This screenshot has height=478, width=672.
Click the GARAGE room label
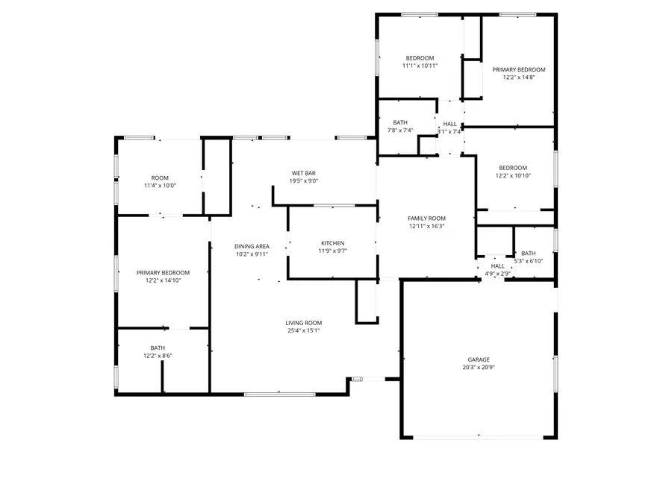pos(479,359)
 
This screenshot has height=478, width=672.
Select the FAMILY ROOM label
pos(426,218)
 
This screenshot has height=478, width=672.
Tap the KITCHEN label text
pos(333,243)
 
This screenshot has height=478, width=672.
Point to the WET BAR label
pos(303,173)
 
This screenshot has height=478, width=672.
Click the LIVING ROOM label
pos(304,323)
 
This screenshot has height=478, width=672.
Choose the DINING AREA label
pos(251,246)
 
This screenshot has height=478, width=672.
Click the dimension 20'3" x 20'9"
pos(479,368)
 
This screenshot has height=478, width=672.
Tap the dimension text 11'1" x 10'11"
pos(420,66)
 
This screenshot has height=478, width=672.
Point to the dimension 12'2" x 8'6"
pos(158,356)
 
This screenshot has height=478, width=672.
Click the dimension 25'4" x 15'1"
pos(304,331)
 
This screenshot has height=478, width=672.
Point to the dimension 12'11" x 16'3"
pos(426,226)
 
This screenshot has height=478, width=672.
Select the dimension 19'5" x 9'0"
pos(303,181)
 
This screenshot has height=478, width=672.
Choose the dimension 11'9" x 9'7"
pos(333,251)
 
